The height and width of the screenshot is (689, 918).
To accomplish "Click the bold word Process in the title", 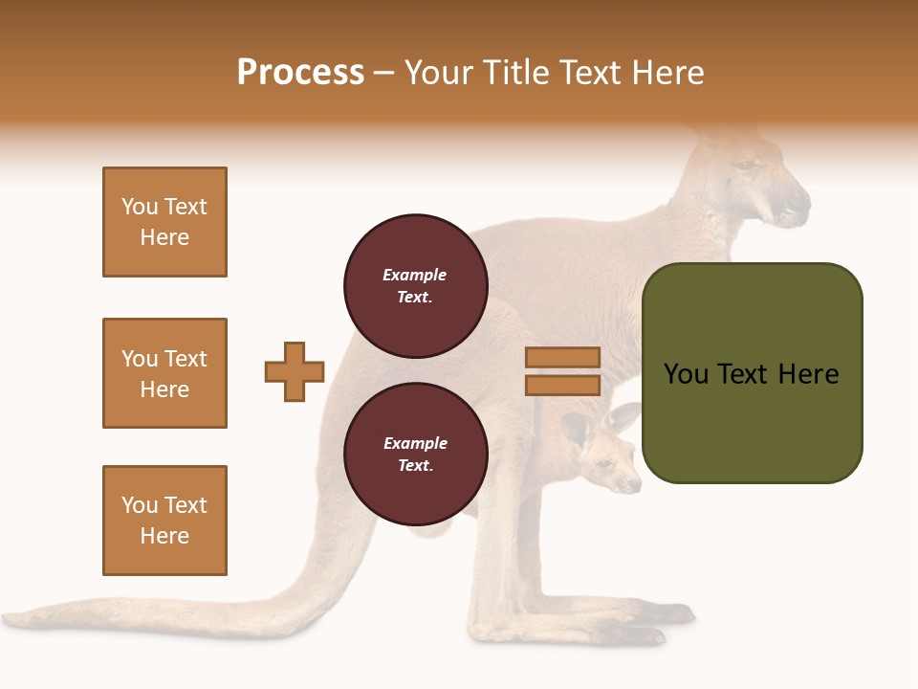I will point(300,73).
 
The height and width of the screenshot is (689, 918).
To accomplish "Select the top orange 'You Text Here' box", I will point(164,222).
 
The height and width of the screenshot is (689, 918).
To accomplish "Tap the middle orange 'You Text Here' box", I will point(164,373).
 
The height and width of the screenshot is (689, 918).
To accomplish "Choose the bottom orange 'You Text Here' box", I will point(164,521).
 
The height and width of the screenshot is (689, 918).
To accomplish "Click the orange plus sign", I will point(295,371).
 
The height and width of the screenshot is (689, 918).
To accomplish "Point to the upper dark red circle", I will point(416,286).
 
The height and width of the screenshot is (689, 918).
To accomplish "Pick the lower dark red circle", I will point(416,455).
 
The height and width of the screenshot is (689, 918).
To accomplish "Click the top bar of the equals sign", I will point(562,358).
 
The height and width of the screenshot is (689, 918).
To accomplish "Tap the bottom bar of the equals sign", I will point(562,386).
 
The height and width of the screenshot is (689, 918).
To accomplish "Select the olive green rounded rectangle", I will point(753,373).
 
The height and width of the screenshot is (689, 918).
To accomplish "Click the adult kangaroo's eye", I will point(744,167).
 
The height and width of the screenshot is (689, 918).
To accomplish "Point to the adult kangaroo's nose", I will point(799,203).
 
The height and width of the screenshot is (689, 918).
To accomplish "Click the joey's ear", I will point(576,431).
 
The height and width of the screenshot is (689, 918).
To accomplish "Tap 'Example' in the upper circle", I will point(414,275).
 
